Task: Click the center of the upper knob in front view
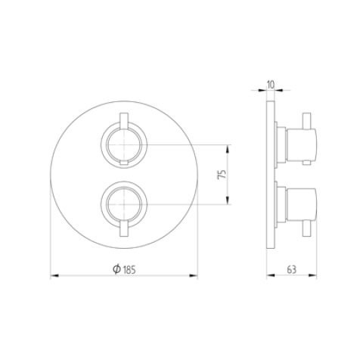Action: coord(123,144)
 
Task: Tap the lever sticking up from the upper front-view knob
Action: coord(123,119)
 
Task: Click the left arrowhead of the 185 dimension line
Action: coord(54,277)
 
